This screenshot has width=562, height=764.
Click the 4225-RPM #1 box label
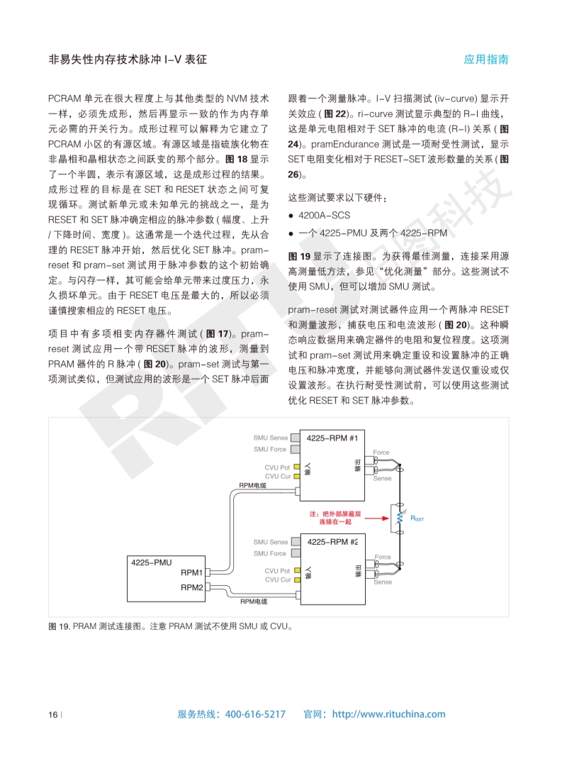332,438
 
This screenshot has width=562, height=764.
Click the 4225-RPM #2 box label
332,541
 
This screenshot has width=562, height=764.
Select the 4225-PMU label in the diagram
151,562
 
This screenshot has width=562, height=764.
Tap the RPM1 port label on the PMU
191,572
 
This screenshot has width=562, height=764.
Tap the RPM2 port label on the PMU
191,587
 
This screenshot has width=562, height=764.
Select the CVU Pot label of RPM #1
277,467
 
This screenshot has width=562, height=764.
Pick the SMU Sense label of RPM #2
271,542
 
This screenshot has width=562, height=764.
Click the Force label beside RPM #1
381,452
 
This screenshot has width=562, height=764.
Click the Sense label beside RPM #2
382,582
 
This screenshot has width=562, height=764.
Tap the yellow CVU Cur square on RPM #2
298,580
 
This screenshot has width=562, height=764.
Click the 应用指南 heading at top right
486,60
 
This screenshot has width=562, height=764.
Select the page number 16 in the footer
52,714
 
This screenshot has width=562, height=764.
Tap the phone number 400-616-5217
255,714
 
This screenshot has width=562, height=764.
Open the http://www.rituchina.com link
388,714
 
